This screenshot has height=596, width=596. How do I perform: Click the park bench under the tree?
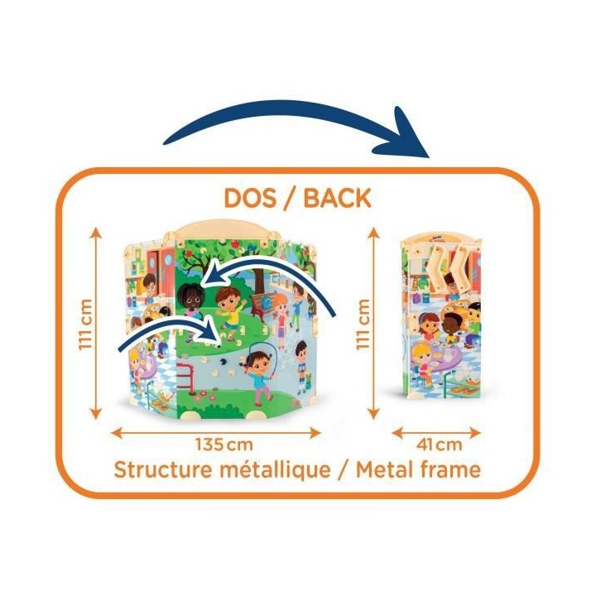[263, 302]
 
